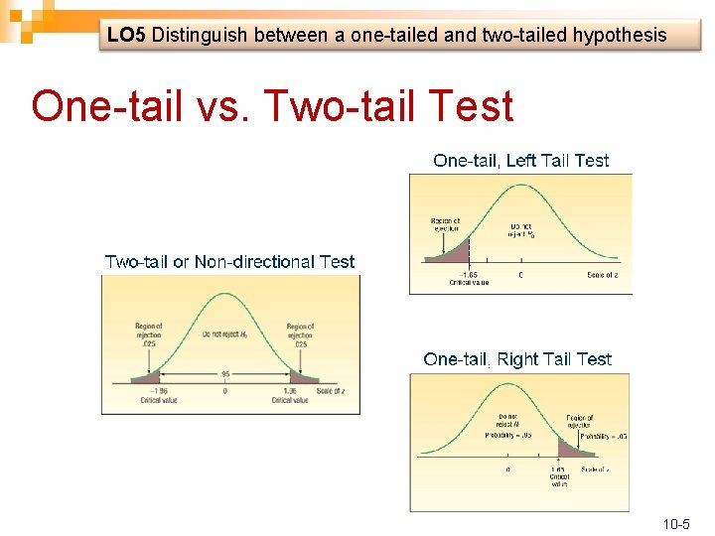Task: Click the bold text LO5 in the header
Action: coord(127,36)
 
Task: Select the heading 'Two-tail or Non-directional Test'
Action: coord(229,262)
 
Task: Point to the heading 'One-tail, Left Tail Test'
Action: coord(521,161)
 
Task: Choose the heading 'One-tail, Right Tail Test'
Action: coord(517,359)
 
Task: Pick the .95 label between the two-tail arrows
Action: coord(225,375)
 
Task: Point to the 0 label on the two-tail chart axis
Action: coord(225,391)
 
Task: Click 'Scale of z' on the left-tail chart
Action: coord(602,274)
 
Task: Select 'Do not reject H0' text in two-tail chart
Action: coord(224,334)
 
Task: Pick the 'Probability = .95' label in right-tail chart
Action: coord(508,436)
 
